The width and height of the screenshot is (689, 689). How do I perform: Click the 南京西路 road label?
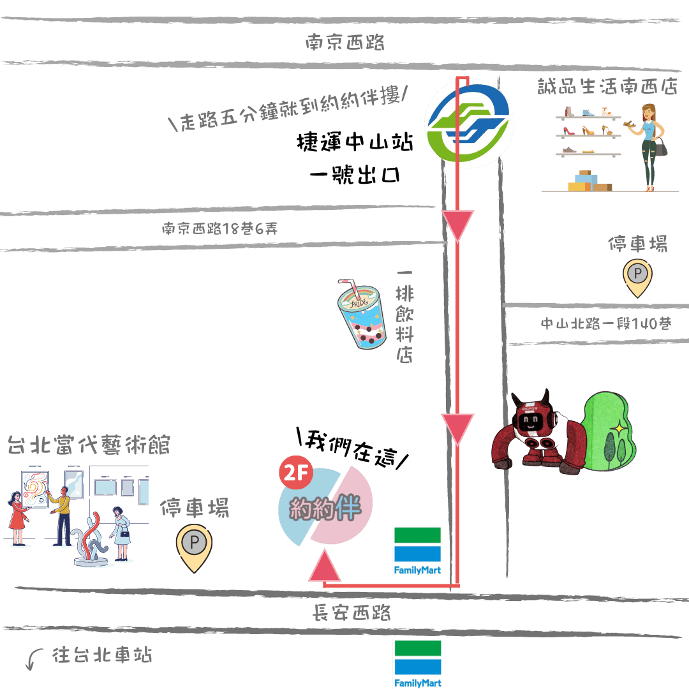345,43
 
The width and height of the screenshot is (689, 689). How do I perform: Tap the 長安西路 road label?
351,612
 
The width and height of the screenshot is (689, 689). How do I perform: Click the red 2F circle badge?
296,472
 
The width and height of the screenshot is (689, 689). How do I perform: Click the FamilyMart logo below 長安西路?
417,663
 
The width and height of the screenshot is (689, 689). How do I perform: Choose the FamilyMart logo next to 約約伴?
417,551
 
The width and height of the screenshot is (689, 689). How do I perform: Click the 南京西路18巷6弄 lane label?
219,228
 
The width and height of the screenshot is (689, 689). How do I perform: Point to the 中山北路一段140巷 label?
606,324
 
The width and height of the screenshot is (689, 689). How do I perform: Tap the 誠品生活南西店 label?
607,86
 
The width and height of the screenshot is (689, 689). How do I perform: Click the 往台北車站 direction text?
102,655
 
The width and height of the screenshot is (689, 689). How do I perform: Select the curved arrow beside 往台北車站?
34,658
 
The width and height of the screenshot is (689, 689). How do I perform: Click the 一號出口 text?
355,174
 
